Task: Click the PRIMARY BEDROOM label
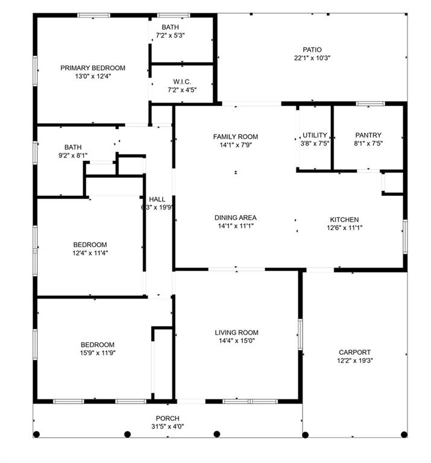[x=93, y=68]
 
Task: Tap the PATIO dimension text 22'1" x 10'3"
[x=312, y=58]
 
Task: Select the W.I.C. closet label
[x=182, y=82]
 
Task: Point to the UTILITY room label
[x=315, y=135]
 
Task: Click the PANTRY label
[x=368, y=135]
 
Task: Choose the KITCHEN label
[x=344, y=219]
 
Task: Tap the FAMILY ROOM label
[x=236, y=137]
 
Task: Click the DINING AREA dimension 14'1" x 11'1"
[x=236, y=226]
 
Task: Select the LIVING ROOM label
[x=236, y=333]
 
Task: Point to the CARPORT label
[x=354, y=352]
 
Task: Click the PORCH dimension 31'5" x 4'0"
[x=168, y=426]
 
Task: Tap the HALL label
[x=157, y=200]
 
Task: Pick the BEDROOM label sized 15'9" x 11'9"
[x=98, y=345]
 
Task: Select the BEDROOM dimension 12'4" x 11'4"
[x=90, y=253]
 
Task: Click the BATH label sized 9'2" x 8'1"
[x=73, y=147]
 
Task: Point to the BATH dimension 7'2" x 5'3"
[x=170, y=36]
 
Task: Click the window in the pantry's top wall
[x=370, y=104]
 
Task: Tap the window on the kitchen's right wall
[x=405, y=236]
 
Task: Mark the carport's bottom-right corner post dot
[x=404, y=434]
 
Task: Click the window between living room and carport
[x=300, y=334]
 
